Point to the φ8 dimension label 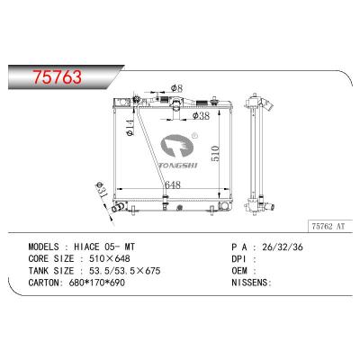(x=177, y=86)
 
